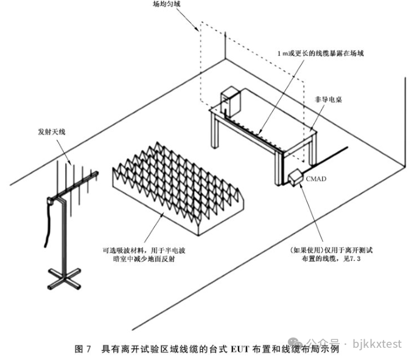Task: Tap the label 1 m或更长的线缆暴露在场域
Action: pyautogui.click(x=320, y=54)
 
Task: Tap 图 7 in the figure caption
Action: pyautogui.click(x=82, y=349)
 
